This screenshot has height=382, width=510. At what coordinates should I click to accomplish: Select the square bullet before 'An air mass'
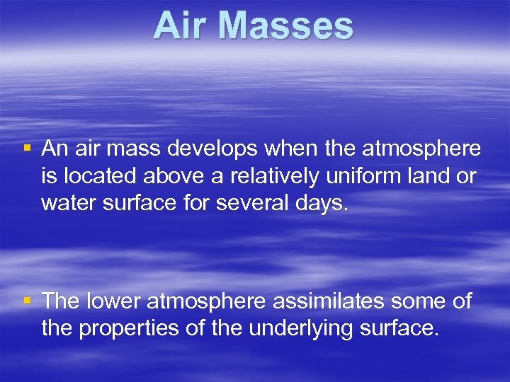point(27,149)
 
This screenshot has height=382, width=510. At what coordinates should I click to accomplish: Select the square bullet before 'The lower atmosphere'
point(27,301)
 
